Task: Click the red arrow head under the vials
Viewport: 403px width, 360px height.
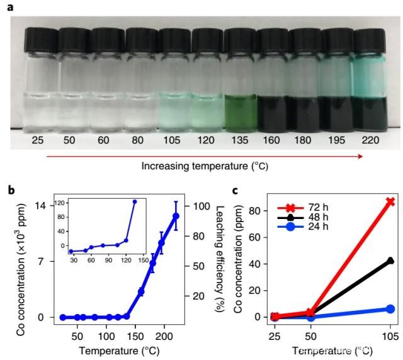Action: (x=360, y=155)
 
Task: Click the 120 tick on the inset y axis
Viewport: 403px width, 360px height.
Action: (x=62, y=203)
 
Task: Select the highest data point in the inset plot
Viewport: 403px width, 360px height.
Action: (x=135, y=201)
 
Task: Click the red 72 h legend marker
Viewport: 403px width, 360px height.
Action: (x=289, y=206)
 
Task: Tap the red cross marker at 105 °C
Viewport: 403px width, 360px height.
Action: (x=390, y=201)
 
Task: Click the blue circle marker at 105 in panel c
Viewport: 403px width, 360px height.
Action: (x=390, y=309)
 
